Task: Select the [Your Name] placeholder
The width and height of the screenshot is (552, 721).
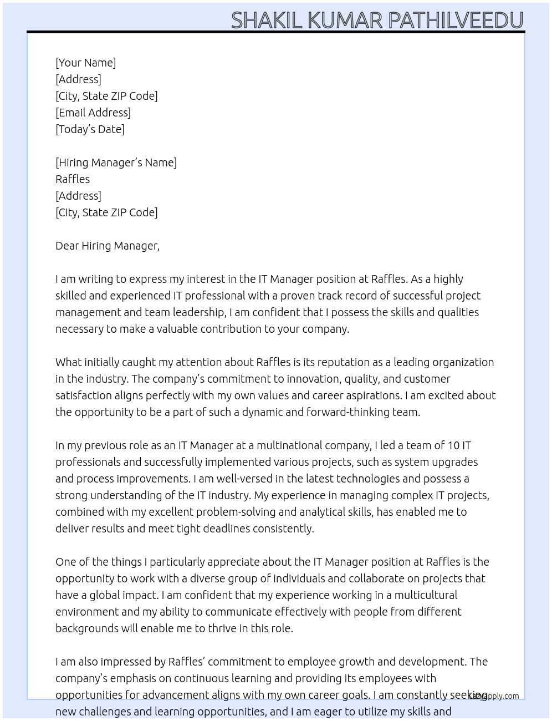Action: [85, 63]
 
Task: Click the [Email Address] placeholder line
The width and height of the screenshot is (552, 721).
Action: [93, 113]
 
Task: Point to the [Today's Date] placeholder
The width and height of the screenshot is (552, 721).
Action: [90, 129]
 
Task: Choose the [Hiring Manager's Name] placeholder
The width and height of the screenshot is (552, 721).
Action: [116, 163]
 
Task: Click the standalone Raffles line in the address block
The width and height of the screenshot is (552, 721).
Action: [73, 179]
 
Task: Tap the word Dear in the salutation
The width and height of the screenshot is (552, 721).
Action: [67, 246]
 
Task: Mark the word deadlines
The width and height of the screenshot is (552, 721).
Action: [224, 529]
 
